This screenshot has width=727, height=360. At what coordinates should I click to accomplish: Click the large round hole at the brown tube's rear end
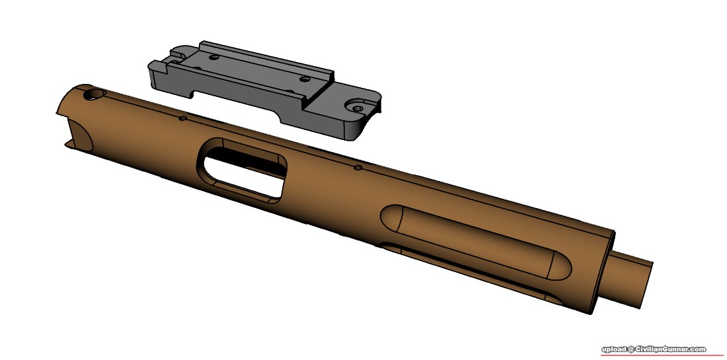tap(95, 95)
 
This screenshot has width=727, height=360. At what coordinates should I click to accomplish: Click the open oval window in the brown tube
tap(241, 170)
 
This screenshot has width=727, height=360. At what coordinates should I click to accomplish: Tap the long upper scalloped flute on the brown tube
tap(476, 241)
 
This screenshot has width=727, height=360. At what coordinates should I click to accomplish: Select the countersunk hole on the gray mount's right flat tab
tap(358, 108)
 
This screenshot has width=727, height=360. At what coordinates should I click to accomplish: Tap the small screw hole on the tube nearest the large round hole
tap(182, 118)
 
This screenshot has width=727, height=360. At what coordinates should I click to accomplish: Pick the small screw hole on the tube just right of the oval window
tap(358, 167)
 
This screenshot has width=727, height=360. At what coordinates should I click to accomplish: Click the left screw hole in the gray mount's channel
tap(213, 58)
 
